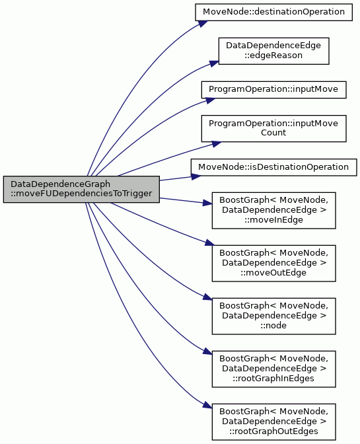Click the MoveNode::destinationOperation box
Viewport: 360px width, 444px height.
273,12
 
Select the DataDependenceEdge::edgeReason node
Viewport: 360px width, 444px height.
273,51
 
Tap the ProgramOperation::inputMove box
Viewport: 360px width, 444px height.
273,90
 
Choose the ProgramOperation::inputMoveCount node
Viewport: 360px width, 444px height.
273,129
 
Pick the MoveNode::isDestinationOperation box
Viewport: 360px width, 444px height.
273,167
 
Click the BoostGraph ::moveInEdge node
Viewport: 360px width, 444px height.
273,210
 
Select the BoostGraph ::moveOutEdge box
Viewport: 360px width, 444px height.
273,264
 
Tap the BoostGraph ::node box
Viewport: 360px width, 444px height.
273,316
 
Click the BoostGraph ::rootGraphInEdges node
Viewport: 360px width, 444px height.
273,369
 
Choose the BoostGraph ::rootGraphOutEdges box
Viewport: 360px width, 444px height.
273,422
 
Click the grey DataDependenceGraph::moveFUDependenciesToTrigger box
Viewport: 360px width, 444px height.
81,189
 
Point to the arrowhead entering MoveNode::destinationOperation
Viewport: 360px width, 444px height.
203,24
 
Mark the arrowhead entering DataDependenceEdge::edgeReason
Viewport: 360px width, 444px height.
214,63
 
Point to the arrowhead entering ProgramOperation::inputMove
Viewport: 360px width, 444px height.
210,100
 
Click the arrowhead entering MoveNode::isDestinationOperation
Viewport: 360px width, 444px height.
196,176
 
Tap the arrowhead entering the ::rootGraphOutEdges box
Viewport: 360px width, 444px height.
207,405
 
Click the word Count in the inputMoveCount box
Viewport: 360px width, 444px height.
273,133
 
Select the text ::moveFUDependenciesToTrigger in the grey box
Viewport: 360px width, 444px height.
81,194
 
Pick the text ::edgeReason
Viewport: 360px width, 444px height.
273,55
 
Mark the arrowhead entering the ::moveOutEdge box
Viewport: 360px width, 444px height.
210,242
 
